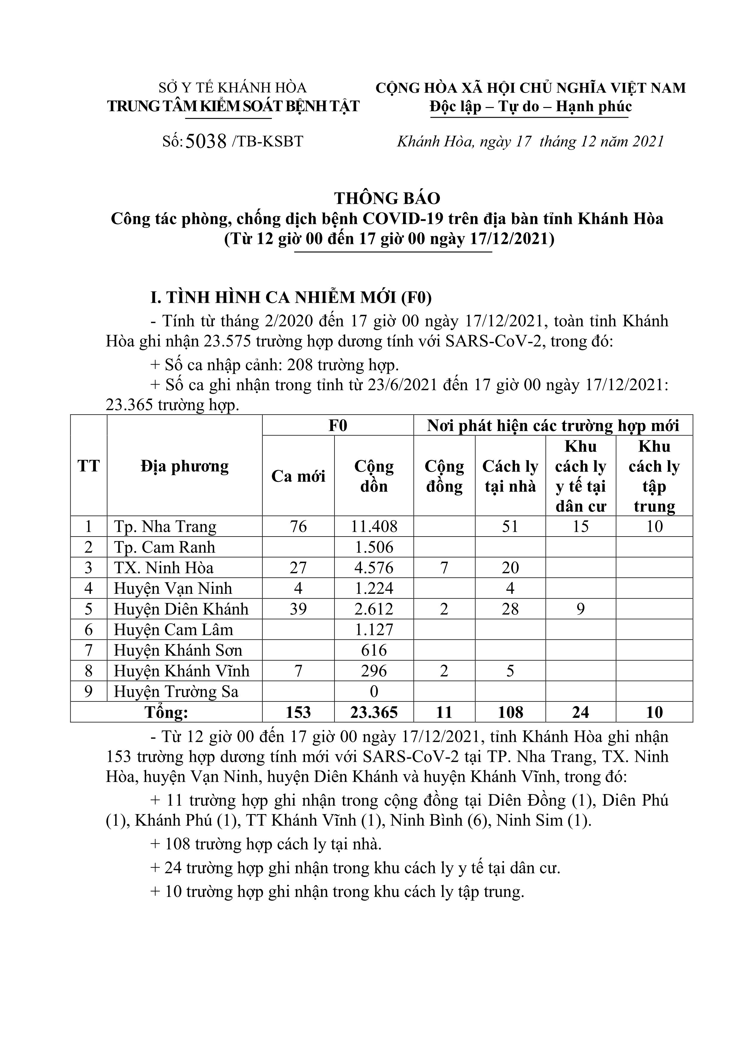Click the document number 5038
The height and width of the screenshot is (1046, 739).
206,142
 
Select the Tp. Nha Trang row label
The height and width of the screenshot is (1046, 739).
165,527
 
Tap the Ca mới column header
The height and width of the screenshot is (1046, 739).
298,476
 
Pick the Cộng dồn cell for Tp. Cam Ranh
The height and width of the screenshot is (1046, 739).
374,547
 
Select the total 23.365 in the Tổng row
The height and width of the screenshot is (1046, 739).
374,712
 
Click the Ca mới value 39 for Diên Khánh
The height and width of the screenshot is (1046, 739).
298,609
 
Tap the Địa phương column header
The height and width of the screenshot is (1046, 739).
184,466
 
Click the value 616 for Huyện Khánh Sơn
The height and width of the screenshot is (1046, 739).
374,650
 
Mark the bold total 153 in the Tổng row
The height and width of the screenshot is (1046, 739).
298,712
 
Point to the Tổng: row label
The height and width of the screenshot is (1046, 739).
166,712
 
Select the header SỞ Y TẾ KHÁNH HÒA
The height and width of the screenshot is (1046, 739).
232,87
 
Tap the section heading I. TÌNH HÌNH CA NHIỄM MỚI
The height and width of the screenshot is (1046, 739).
291,297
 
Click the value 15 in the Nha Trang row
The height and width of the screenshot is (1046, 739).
581,527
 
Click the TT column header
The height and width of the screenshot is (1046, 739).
88,466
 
